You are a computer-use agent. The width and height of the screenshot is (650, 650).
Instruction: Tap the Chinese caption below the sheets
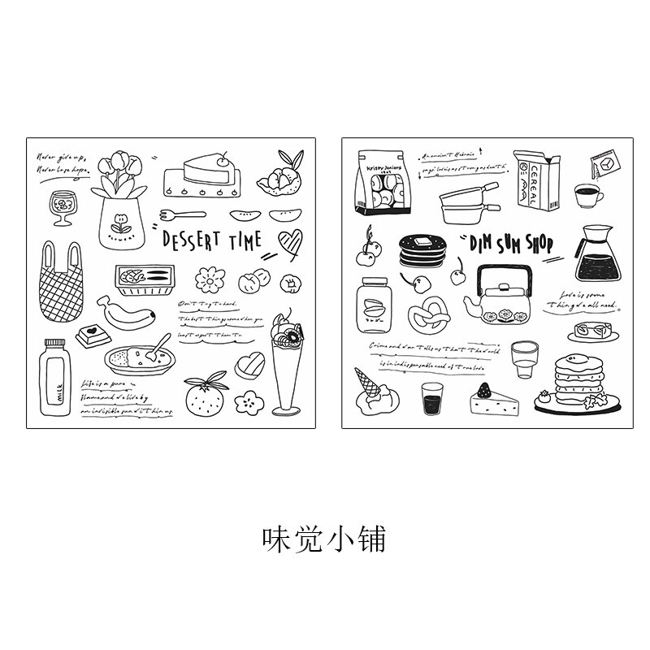click(323, 537)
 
